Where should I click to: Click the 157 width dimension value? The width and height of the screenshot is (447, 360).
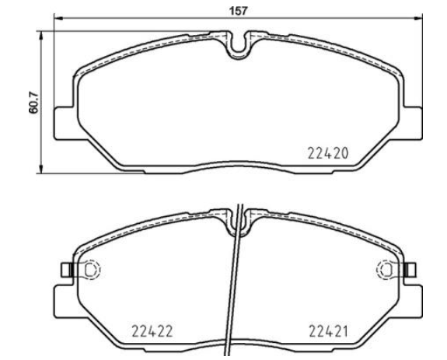coord(238,11)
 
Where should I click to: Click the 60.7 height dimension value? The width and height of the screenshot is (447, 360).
coord(33,103)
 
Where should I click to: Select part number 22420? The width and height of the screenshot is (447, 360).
coord(328,154)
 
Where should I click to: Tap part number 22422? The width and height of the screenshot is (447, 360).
coord(152,331)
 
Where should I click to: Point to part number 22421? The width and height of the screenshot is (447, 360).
coord(328,331)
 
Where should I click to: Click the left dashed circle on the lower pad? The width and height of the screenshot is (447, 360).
coord(92,269)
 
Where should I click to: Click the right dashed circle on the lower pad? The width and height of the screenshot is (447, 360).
coord(386,269)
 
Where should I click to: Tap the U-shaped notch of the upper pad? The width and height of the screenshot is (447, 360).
coord(238,46)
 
